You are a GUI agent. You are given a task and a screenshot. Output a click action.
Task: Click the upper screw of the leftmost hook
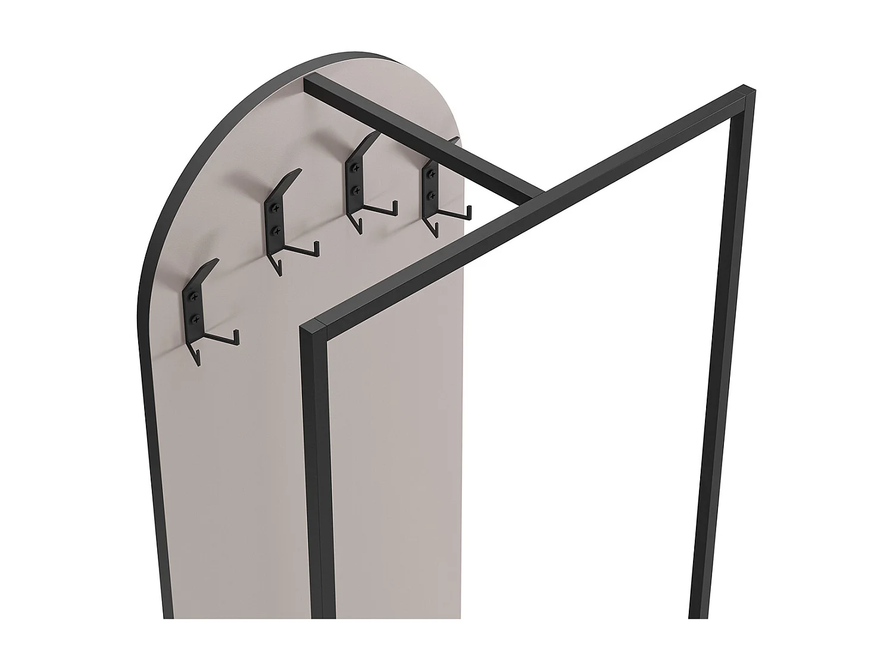click(193, 297)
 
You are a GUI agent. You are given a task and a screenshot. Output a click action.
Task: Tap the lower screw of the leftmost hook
click(193, 319)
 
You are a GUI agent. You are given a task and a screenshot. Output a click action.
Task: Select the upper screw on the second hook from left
click(274, 208)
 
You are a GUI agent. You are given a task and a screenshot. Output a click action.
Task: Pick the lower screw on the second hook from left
click(274, 229)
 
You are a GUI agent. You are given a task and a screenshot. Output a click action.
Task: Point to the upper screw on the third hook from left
click(355, 169)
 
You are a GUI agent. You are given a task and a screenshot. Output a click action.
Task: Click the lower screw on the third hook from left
click(355, 190)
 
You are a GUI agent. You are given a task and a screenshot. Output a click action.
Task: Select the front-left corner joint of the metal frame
click(313, 327)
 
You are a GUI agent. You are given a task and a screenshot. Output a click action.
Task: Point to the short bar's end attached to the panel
click(310, 83)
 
